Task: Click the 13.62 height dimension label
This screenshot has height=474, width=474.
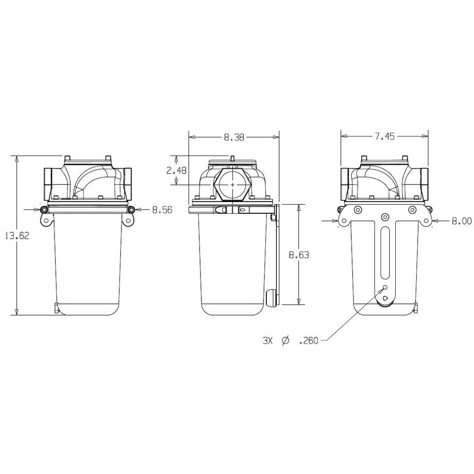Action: tap(18, 236)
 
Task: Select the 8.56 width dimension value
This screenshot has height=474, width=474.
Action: tap(162, 210)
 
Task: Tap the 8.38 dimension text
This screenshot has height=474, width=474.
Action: tap(234, 137)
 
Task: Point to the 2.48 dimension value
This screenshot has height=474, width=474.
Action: tap(176, 171)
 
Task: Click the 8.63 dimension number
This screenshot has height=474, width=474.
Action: tap(299, 255)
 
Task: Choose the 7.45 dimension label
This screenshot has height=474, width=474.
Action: tap(385, 137)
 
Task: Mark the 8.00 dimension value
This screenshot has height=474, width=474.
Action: tap(462, 221)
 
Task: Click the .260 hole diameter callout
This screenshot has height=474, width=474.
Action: tap(309, 341)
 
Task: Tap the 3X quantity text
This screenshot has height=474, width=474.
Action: tap(268, 341)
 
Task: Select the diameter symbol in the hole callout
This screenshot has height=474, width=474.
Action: tap(285, 341)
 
